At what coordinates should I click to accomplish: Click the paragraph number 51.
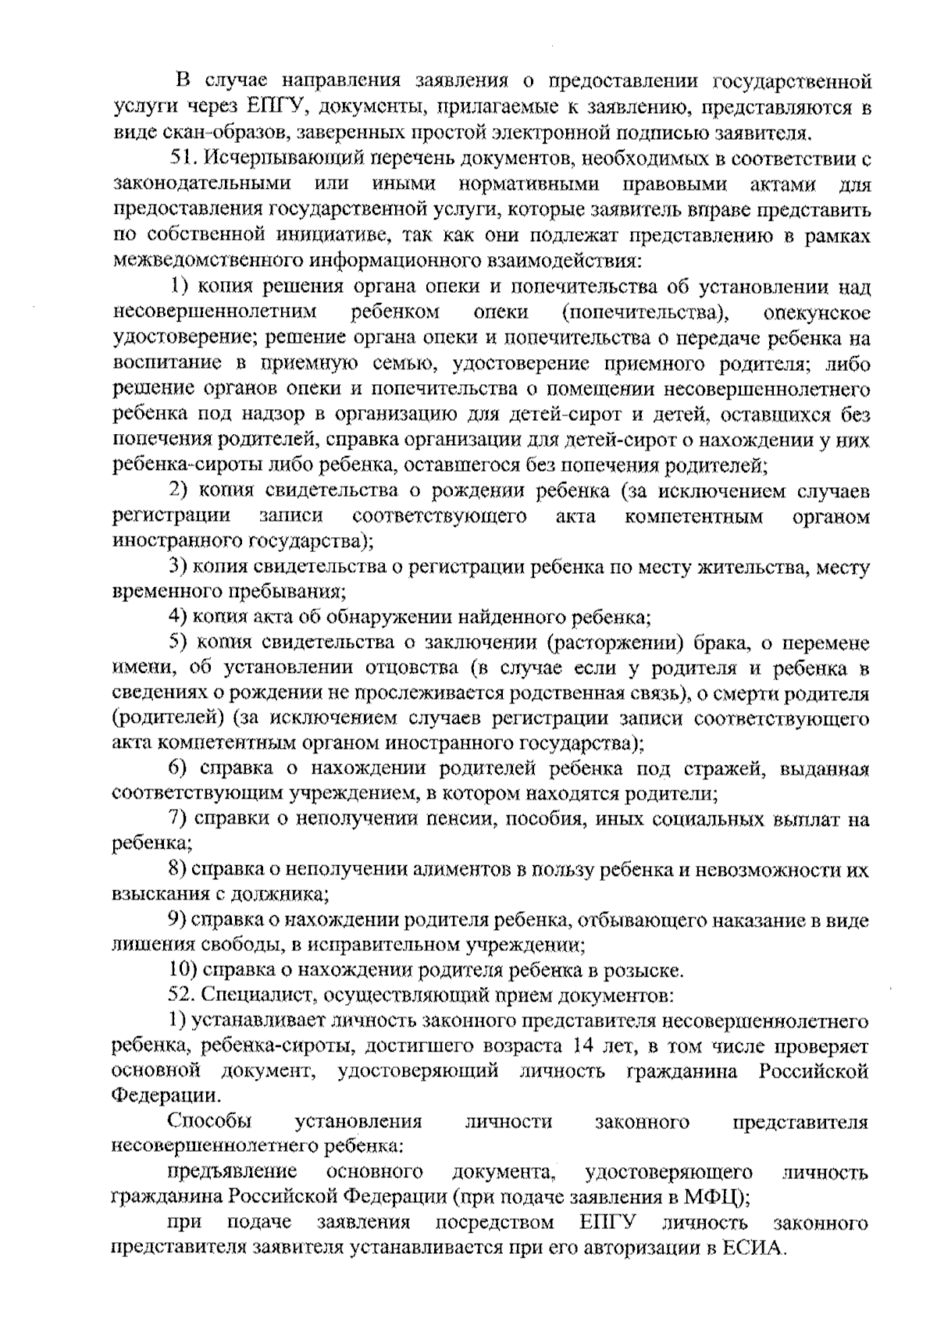click(x=184, y=159)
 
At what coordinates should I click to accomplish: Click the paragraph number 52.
click(x=183, y=996)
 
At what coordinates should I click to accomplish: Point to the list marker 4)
click(x=180, y=618)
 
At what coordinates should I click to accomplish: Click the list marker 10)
click(x=184, y=971)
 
